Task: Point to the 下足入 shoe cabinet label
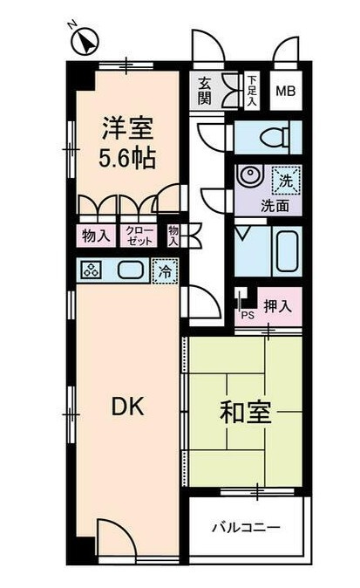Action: point(252,89)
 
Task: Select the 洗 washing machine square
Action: point(285,181)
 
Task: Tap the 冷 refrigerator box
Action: point(164,272)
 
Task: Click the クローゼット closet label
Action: point(138,235)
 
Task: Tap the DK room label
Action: point(126,407)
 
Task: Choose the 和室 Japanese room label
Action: point(245,413)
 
